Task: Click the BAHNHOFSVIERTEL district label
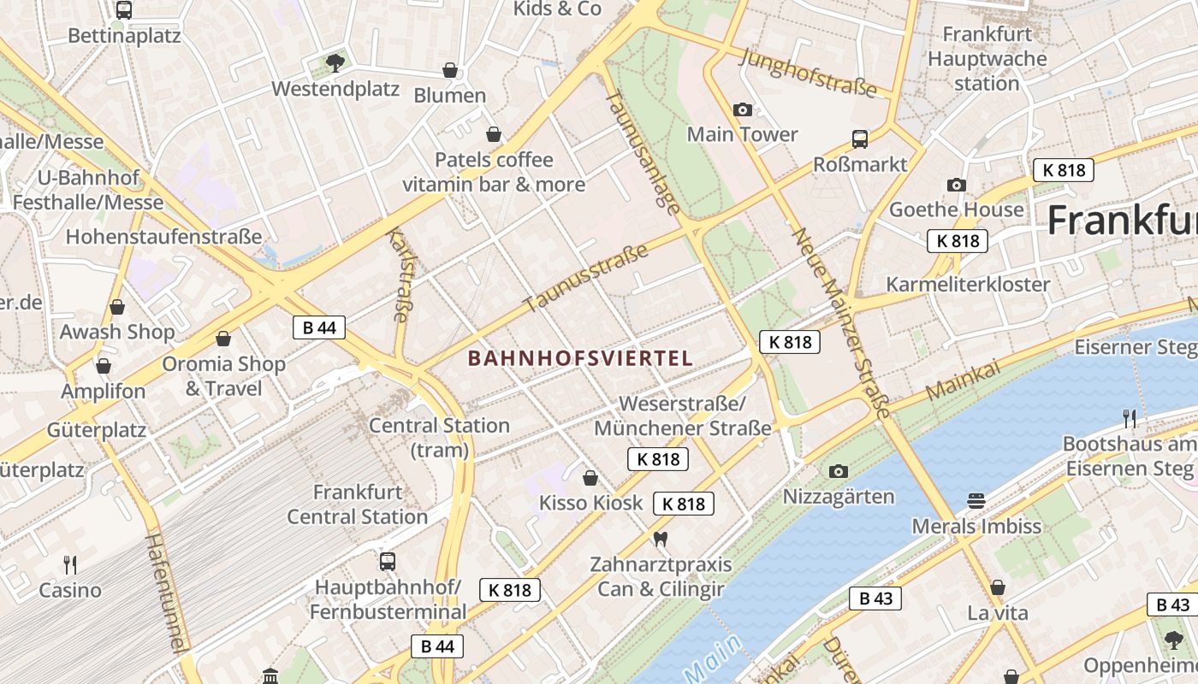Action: click(580, 358)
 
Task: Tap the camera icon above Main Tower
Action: click(742, 109)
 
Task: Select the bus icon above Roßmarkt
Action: click(859, 139)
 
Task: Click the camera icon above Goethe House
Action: click(956, 185)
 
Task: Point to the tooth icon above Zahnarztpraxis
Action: click(660, 540)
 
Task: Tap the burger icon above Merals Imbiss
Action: click(976, 500)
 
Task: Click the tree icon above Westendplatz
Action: click(335, 62)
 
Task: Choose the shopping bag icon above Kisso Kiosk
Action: click(590, 478)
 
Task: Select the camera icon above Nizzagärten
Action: click(839, 471)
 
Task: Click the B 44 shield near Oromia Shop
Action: click(319, 327)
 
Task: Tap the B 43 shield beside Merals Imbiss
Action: click(875, 598)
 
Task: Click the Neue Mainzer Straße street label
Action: click(842, 322)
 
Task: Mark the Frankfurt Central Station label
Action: click(357, 504)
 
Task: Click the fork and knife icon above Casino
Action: click(70, 564)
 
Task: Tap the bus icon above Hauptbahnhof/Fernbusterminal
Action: click(388, 562)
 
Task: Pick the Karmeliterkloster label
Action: click(968, 285)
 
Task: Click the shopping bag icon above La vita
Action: click(997, 587)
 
